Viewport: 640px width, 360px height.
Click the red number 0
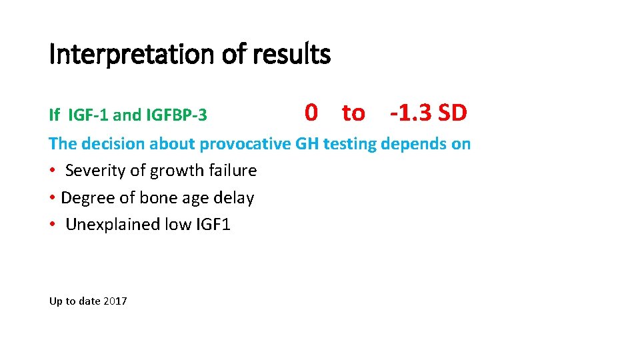311,113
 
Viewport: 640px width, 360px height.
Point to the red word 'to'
353,113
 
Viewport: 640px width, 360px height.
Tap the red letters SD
453,113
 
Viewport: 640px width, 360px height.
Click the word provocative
245,143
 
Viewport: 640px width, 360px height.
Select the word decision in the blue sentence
113,143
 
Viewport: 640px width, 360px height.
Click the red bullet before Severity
53,171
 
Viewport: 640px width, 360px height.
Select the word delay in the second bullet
234,198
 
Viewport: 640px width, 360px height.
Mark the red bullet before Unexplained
53,225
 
